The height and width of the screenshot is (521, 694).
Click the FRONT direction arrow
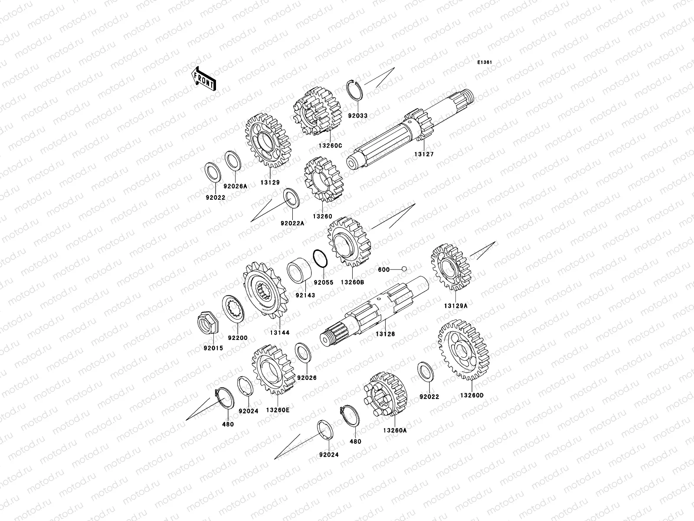pyautogui.click(x=203, y=79)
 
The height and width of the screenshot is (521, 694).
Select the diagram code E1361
pyautogui.click(x=484, y=63)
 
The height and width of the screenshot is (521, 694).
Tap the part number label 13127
pyautogui.click(x=424, y=154)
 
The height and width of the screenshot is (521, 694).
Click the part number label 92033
pyautogui.click(x=358, y=116)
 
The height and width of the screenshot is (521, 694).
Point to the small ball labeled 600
pyautogui.click(x=404, y=269)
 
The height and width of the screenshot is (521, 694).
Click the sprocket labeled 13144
pyautogui.click(x=265, y=290)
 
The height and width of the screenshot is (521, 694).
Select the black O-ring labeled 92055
pyautogui.click(x=320, y=258)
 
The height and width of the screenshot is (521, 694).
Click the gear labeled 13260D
pyautogui.click(x=464, y=350)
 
